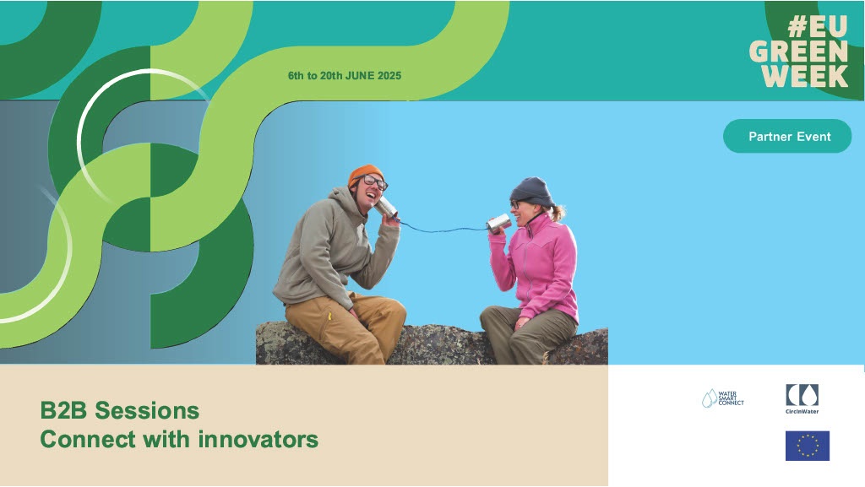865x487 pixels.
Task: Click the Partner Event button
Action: [x=787, y=136]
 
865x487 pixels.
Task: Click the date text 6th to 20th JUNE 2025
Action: [x=345, y=75]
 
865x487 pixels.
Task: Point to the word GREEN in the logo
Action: [x=798, y=51]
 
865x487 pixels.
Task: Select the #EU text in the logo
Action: [x=817, y=26]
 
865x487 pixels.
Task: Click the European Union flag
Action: [x=807, y=446]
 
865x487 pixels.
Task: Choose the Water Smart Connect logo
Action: [x=723, y=398]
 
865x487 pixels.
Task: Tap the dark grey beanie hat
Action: [x=531, y=191]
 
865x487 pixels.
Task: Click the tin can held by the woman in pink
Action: [x=498, y=223]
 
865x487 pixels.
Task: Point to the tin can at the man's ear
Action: [x=385, y=207]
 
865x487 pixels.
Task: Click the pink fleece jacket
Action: [x=535, y=267]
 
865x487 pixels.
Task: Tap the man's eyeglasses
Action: [x=373, y=181]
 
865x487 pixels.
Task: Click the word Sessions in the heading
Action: [x=147, y=410]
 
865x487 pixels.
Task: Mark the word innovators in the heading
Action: [x=258, y=439]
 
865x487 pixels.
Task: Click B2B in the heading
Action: [x=64, y=410]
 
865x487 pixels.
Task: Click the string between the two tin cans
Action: [x=441, y=229]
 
